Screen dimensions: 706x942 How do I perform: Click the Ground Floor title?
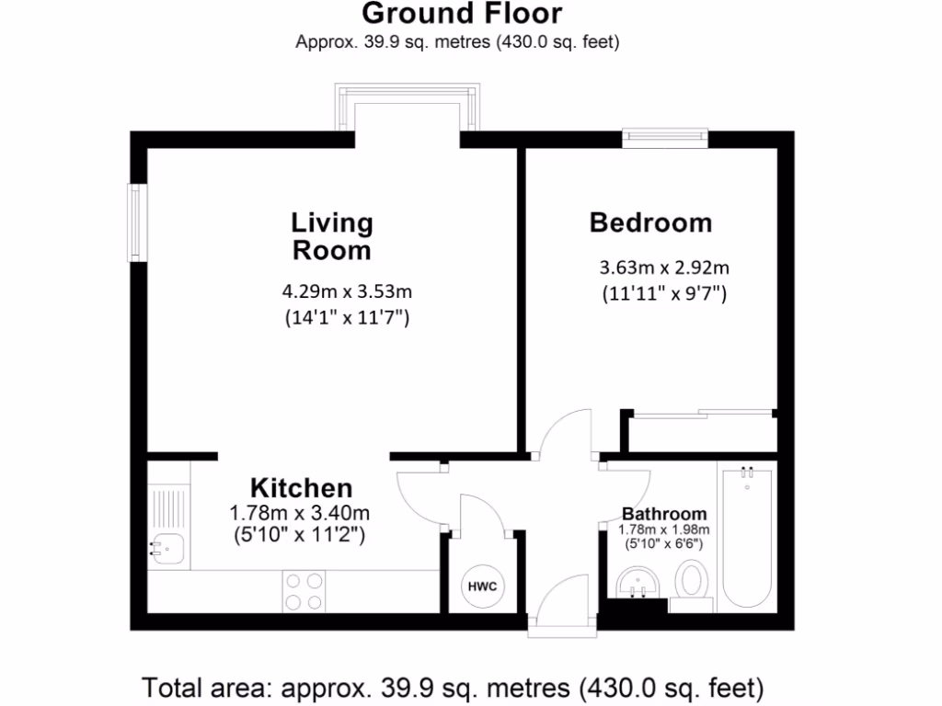pyautogui.click(x=462, y=15)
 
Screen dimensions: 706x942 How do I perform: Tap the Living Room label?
pyautogui.click(x=332, y=236)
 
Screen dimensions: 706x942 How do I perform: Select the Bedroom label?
pyautogui.click(x=650, y=222)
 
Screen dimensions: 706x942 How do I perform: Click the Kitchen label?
pyautogui.click(x=302, y=487)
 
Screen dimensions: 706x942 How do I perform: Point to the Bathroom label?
pyautogui.click(x=664, y=514)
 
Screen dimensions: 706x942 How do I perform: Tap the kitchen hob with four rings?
pyautogui.click(x=304, y=591)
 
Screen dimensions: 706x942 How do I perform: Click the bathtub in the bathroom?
pyautogui.click(x=747, y=537)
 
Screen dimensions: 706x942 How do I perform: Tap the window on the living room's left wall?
pyautogui.click(x=137, y=223)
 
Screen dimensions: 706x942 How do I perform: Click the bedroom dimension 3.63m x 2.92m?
pyautogui.click(x=664, y=268)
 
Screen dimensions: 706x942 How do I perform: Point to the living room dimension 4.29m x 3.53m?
pyautogui.click(x=346, y=292)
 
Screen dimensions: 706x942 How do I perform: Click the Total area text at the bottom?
pyautogui.click(x=453, y=686)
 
